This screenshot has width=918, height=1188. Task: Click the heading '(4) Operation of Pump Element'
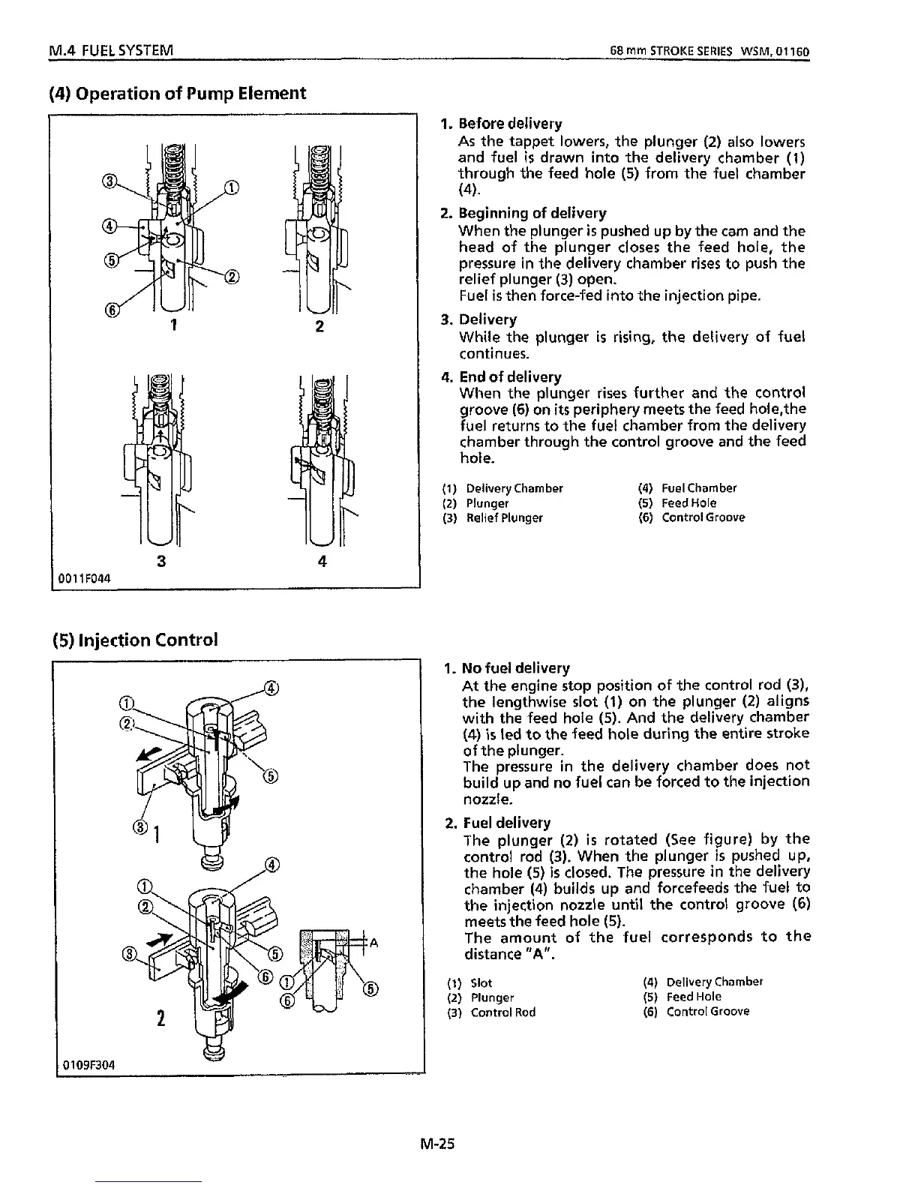[177, 94]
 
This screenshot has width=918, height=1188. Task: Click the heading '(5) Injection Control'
[135, 640]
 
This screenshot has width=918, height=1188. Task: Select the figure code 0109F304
[89, 1064]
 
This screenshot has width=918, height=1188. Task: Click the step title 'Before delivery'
[510, 123]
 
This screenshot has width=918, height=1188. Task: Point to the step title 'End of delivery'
[510, 376]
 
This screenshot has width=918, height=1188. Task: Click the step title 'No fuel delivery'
[516, 667]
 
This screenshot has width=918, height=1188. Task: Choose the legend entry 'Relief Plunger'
[504, 517]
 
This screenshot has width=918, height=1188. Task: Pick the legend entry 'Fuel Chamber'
[698, 488]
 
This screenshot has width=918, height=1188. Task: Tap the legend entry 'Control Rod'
[502, 1012]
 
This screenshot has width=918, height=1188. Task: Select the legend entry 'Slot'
[481, 982]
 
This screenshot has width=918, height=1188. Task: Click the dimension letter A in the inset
[373, 943]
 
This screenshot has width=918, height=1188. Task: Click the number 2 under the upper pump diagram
[319, 327]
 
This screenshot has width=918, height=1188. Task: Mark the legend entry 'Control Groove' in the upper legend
[703, 517]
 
